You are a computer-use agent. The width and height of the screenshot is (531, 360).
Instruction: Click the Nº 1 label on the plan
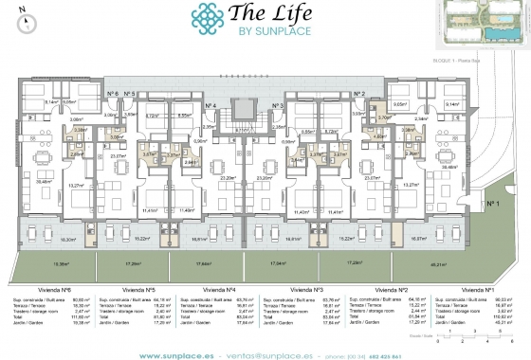493,203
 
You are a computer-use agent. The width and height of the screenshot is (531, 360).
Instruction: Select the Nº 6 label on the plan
111,93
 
